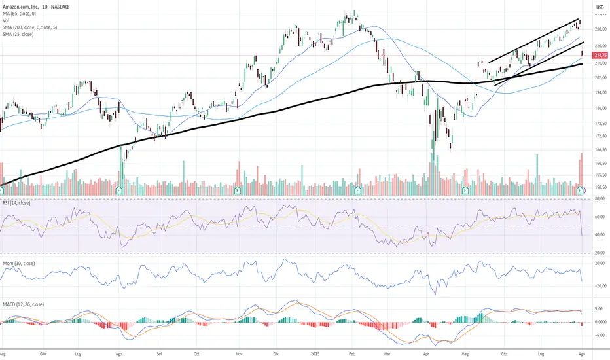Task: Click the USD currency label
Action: pyautogui.click(x=599, y=7)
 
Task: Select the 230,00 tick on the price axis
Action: pyautogui.click(x=600, y=30)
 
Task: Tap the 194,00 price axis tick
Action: pyautogui.click(x=600, y=94)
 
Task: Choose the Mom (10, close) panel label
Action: pyautogui.click(x=19, y=264)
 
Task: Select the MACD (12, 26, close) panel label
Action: pyautogui.click(x=23, y=304)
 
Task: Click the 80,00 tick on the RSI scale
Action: pyautogui.click(x=600, y=199)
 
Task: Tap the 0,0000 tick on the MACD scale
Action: pyautogui.click(x=600, y=322)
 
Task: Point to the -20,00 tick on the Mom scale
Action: pyautogui.click(x=600, y=286)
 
